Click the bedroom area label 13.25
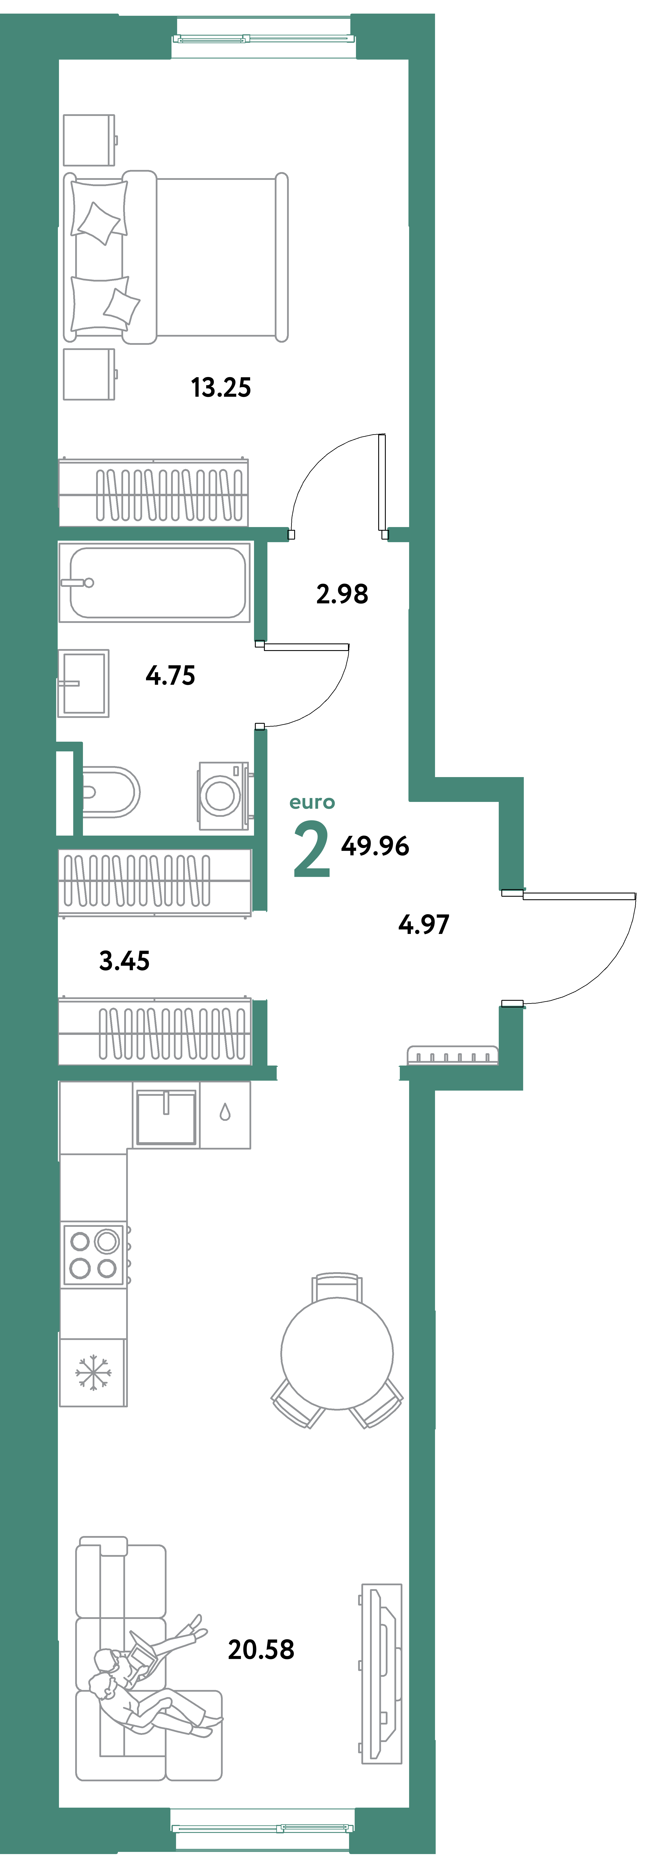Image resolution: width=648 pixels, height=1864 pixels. [221, 388]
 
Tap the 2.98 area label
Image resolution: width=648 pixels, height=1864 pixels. [342, 594]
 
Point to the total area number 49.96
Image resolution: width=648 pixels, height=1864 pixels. [375, 846]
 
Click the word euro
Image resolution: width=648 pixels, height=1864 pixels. [312, 803]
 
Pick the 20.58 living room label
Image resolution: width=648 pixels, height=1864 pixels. [261, 1650]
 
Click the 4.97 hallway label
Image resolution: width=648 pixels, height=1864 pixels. [424, 925]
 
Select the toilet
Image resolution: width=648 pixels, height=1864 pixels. [109, 792]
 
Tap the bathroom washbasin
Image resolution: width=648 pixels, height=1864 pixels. [84, 683]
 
